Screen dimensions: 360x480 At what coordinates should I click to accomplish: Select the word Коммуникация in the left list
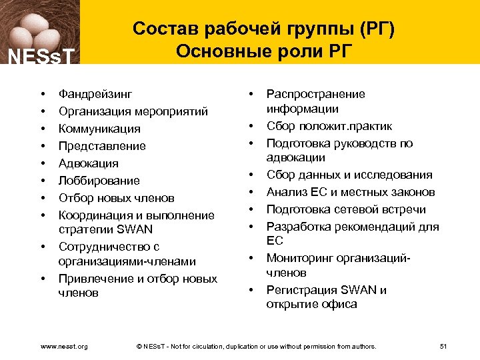(99, 129)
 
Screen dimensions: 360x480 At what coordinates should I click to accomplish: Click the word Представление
(102, 146)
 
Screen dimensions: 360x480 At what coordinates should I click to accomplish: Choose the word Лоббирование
(99, 181)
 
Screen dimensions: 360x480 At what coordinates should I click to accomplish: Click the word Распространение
(316, 94)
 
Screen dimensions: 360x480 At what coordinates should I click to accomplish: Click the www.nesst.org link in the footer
(65, 346)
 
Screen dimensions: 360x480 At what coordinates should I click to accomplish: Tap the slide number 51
(444, 346)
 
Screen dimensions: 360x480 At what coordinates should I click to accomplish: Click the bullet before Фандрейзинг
(41, 94)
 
